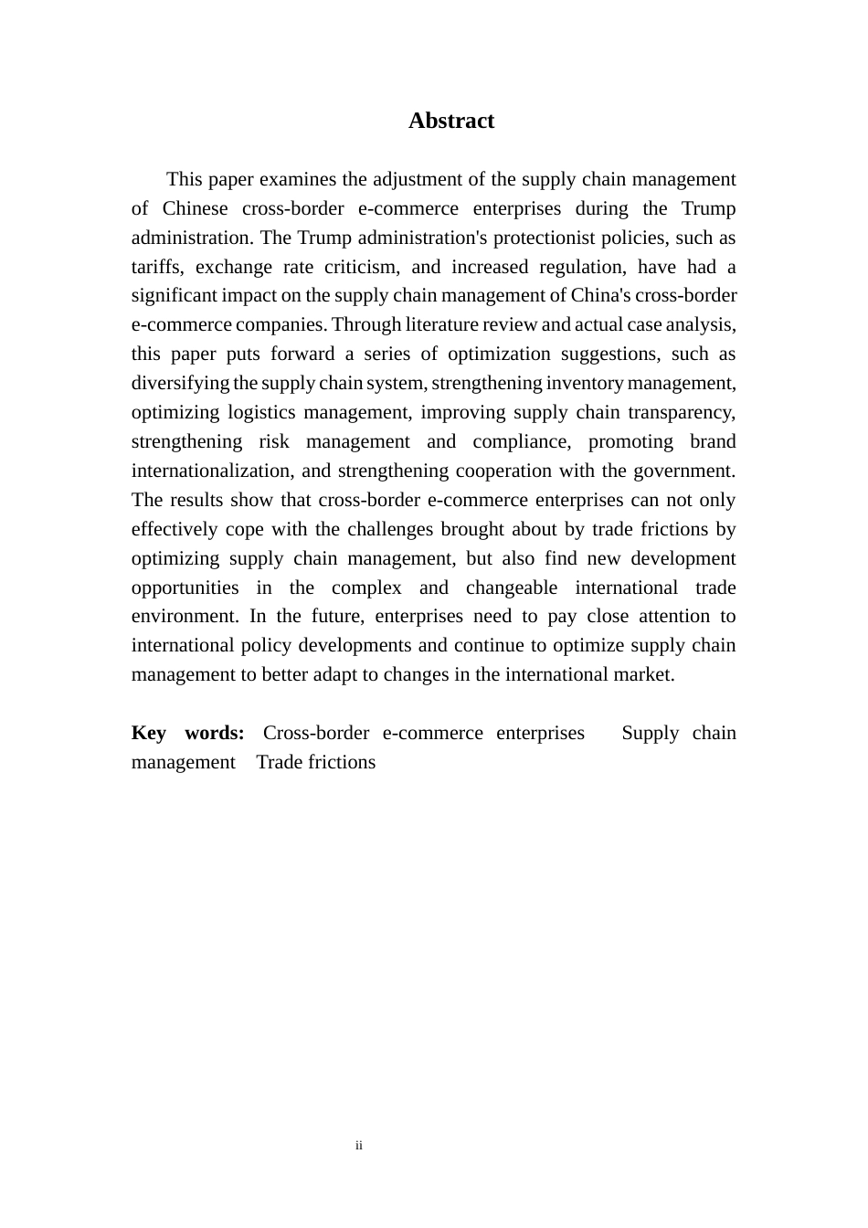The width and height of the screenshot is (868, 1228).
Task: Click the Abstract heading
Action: [450, 121]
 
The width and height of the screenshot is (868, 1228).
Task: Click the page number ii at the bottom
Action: [359, 1145]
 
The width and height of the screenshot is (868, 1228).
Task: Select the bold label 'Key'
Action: [149, 733]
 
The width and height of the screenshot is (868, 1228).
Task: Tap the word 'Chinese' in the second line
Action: [195, 208]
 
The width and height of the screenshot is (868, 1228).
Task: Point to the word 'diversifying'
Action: [180, 383]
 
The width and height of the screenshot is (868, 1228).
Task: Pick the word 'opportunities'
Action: [185, 588]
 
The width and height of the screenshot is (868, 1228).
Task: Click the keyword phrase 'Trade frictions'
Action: [315, 762]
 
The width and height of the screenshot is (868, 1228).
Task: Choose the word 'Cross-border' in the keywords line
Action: [315, 733]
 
